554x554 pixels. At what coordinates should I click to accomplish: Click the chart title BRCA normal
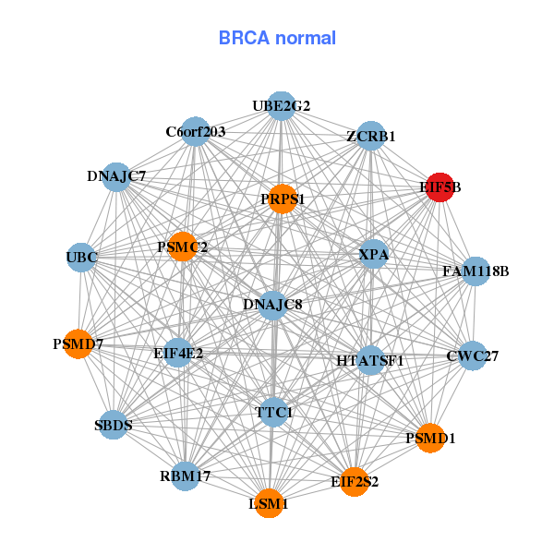pyautogui.click(x=277, y=38)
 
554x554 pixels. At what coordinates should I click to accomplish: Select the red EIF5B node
pyautogui.click(x=438, y=187)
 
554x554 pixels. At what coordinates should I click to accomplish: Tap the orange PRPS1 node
pyautogui.click(x=283, y=199)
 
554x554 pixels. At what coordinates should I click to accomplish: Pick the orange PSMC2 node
pyautogui.click(x=183, y=247)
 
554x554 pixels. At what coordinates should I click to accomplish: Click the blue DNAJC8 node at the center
pyautogui.click(x=272, y=304)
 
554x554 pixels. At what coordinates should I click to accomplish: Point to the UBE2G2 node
pyautogui.click(x=282, y=105)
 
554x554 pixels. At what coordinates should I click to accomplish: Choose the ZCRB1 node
pyautogui.click(x=370, y=136)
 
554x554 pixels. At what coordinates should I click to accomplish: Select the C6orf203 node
pyautogui.click(x=195, y=131)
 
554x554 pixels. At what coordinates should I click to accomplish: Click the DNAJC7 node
pyautogui.click(x=116, y=175)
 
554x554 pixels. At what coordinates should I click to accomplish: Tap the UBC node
pyautogui.click(x=81, y=256)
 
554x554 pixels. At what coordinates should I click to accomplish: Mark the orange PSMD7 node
pyautogui.click(x=78, y=344)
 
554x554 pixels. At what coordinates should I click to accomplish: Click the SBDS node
pyautogui.click(x=113, y=425)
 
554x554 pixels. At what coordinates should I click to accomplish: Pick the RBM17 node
pyautogui.click(x=186, y=476)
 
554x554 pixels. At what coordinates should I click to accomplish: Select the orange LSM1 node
pyautogui.click(x=269, y=503)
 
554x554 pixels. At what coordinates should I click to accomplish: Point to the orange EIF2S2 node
pyautogui.click(x=355, y=481)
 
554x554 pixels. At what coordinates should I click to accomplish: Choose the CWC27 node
pyautogui.click(x=472, y=355)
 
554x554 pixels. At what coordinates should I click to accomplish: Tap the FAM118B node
pyautogui.click(x=475, y=271)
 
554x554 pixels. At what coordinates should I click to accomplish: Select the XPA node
pyautogui.click(x=373, y=253)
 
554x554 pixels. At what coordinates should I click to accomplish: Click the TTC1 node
pyautogui.click(x=273, y=413)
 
